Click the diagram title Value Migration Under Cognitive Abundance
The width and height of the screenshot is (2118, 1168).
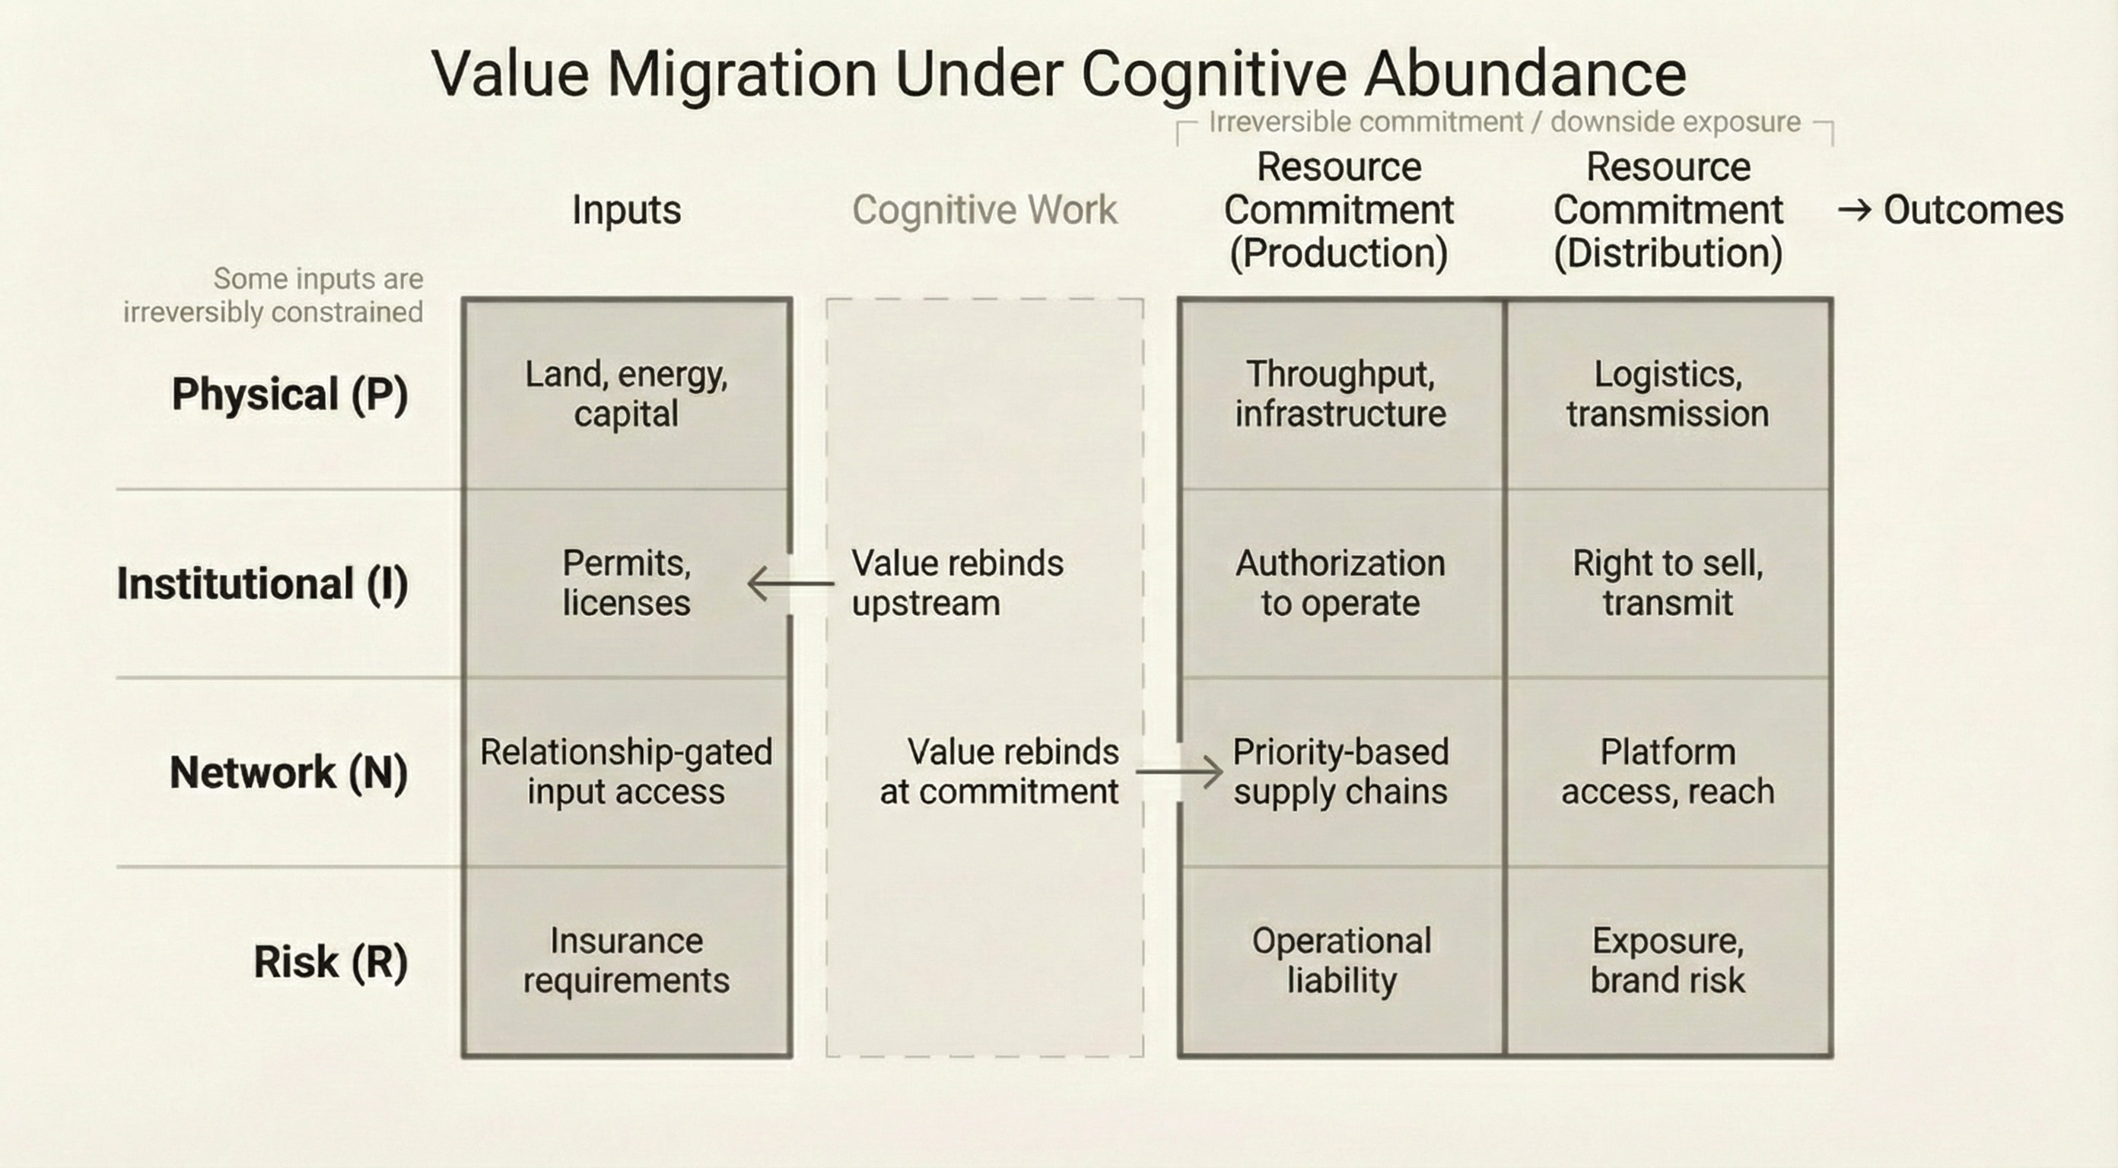(x=1059, y=74)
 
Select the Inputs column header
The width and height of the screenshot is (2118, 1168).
(x=627, y=210)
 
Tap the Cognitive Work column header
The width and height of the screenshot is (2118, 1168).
(x=984, y=210)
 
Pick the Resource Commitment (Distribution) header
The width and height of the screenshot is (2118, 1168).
(x=1668, y=210)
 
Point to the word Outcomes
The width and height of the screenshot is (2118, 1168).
(x=1973, y=211)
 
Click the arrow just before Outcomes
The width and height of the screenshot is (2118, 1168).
(x=1855, y=211)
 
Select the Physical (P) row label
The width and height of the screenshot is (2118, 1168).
(x=289, y=394)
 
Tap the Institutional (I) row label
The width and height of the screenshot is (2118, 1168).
(x=262, y=583)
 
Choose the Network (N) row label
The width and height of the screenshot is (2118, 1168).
(x=288, y=773)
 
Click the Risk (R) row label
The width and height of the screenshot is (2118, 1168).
(x=330, y=962)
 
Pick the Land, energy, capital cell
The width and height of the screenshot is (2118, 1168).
(x=627, y=394)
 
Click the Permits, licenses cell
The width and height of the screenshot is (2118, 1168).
(x=627, y=582)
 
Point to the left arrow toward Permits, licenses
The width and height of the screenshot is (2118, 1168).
(x=790, y=583)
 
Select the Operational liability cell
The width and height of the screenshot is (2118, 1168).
(x=1341, y=960)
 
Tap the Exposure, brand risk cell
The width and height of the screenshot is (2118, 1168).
(x=1668, y=960)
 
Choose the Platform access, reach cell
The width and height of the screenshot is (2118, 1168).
(x=1668, y=772)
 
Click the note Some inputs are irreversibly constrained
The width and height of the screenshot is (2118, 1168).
(x=274, y=295)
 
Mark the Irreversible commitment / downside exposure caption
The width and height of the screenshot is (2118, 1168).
(x=1505, y=122)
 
